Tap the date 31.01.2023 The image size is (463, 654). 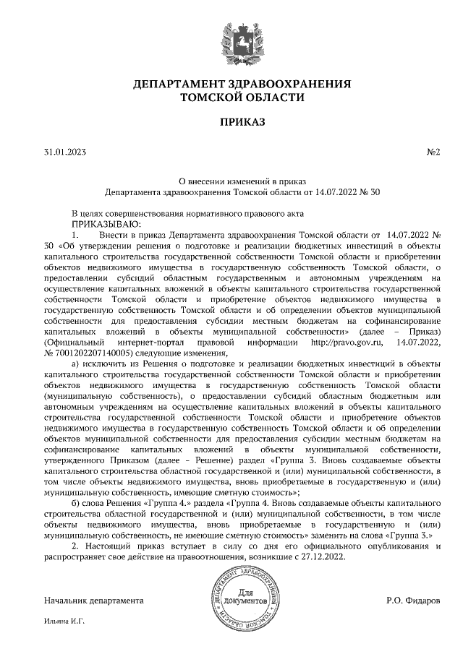[65, 153]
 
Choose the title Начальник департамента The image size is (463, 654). [94, 601]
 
